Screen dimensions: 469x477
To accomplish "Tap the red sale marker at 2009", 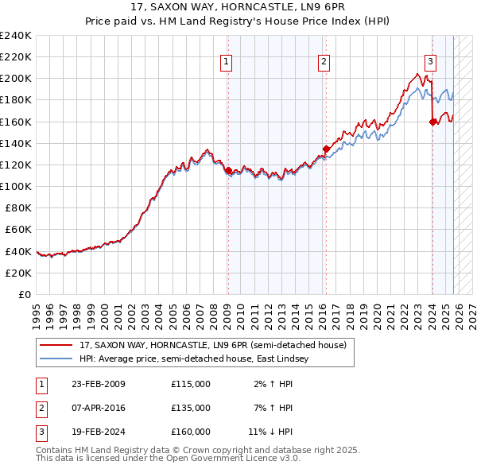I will pyautogui.click(x=228, y=170).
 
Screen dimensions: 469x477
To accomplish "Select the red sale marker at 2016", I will pyautogui.click(x=326, y=149).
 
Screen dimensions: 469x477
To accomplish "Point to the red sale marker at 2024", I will pyautogui.click(x=432, y=122).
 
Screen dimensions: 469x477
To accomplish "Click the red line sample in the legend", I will pyautogui.click(x=56, y=346).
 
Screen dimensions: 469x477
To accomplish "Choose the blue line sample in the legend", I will pyautogui.click(x=56, y=359).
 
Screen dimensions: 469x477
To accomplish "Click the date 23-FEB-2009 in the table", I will pyautogui.click(x=98, y=384).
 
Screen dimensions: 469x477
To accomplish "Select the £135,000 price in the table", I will pyautogui.click(x=191, y=408).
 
